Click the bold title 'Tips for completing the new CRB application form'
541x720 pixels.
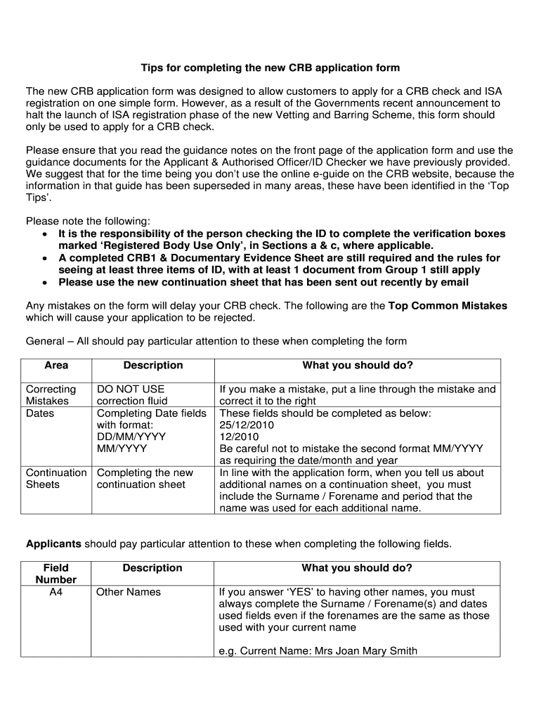pyautogui.click(x=270, y=68)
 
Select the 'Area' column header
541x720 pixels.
pyautogui.click(x=56, y=366)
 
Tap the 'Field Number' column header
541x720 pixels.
pyautogui.click(x=56, y=574)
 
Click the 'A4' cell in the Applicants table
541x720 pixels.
pyautogui.click(x=56, y=592)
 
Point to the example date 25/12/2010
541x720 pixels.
pyautogui.click(x=247, y=425)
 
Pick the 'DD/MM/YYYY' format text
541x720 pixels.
pyautogui.click(x=131, y=437)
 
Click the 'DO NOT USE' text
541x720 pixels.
pyautogui.click(x=131, y=390)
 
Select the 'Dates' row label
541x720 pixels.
pyautogui.click(x=40, y=413)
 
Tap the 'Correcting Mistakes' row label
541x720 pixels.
pyautogui.click(x=51, y=395)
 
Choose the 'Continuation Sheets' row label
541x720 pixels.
pyautogui.click(x=56, y=479)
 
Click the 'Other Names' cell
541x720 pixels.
pyautogui.click(x=129, y=592)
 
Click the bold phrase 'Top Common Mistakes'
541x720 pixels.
pyautogui.click(x=448, y=306)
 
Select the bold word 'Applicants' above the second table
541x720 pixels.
pyautogui.click(x=53, y=544)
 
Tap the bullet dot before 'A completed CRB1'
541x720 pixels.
pyautogui.click(x=45, y=259)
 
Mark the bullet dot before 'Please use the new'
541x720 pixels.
pyautogui.click(x=45, y=283)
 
